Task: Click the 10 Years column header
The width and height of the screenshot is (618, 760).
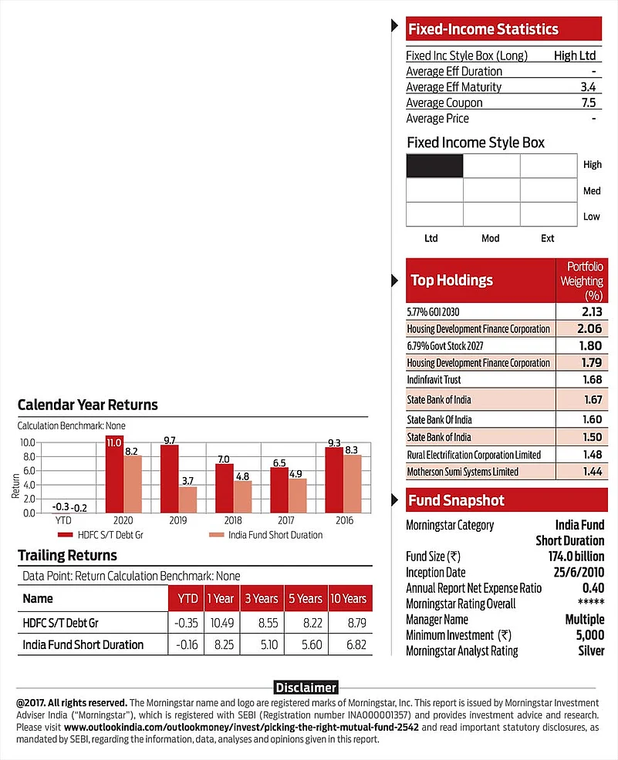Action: click(347, 598)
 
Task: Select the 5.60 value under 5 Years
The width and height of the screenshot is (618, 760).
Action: click(306, 644)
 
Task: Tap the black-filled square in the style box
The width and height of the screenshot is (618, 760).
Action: click(434, 166)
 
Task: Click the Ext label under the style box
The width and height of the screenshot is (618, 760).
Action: click(547, 238)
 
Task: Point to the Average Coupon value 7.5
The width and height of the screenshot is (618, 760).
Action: click(589, 103)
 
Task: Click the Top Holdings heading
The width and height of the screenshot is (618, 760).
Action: click(451, 280)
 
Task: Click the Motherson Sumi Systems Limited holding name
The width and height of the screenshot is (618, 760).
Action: click(462, 471)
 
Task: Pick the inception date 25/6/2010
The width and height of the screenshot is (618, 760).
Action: click(573, 573)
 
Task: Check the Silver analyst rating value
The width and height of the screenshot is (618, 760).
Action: click(590, 651)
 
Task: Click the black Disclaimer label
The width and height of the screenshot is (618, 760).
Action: click(306, 687)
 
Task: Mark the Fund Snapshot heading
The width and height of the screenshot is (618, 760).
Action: click(456, 500)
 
